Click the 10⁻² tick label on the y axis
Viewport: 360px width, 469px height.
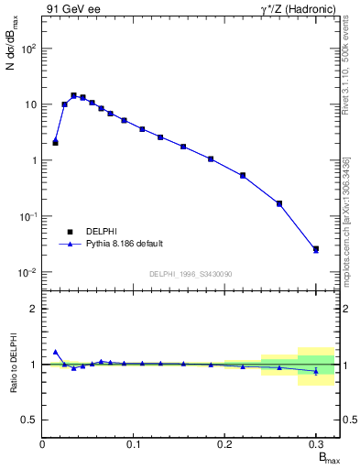coord(27,272)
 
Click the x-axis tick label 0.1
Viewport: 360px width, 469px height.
coord(134,443)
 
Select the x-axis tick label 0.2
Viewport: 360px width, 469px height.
coord(224,443)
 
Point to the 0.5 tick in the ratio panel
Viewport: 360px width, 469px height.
coord(30,420)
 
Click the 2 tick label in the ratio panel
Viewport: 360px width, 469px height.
coord(34,309)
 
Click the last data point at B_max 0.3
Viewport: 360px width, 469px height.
coord(316,248)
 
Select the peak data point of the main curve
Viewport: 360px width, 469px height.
coord(73,94)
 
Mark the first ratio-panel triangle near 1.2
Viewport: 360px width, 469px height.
coord(56,352)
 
